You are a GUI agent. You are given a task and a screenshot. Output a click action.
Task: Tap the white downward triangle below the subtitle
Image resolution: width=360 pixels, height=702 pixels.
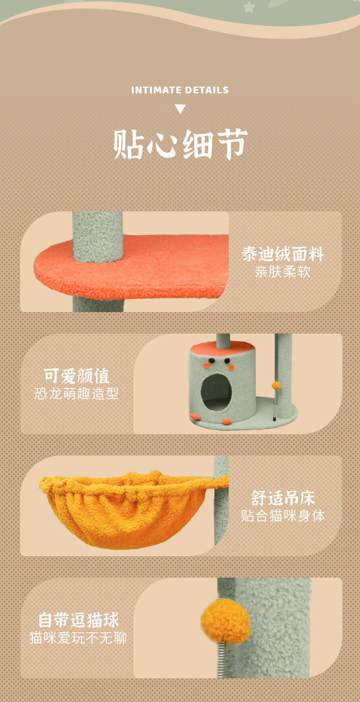(x=180, y=109)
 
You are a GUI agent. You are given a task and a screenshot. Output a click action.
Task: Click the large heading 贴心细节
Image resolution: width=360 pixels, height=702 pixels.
(x=180, y=144)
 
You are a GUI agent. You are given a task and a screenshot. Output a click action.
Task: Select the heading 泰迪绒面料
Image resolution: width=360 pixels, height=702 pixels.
(x=283, y=254)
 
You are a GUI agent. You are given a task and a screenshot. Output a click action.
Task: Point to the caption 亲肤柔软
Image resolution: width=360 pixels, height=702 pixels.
(x=283, y=272)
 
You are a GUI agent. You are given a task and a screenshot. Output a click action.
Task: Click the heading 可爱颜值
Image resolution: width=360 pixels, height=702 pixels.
(x=77, y=376)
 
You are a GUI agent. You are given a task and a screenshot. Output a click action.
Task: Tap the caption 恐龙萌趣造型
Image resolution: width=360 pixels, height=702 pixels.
(x=77, y=394)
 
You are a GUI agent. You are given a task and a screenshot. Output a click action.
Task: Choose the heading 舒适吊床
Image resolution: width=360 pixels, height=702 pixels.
(x=283, y=498)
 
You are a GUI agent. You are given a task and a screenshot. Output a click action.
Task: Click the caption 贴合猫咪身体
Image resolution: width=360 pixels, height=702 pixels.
(x=283, y=516)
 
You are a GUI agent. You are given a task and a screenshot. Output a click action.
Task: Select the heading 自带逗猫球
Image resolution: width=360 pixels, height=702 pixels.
(x=78, y=620)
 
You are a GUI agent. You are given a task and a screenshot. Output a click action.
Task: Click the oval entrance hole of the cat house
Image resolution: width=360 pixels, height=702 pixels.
(x=216, y=392)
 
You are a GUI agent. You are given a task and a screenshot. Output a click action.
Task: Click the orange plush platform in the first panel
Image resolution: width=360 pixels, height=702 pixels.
(x=132, y=267)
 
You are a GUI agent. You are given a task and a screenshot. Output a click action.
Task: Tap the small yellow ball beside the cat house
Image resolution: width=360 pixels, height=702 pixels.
(x=276, y=385)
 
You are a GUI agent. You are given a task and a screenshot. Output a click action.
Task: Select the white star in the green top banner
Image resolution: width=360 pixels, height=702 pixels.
(x=249, y=7)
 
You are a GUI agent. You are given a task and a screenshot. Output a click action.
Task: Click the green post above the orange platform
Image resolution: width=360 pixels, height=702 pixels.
(x=98, y=235)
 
